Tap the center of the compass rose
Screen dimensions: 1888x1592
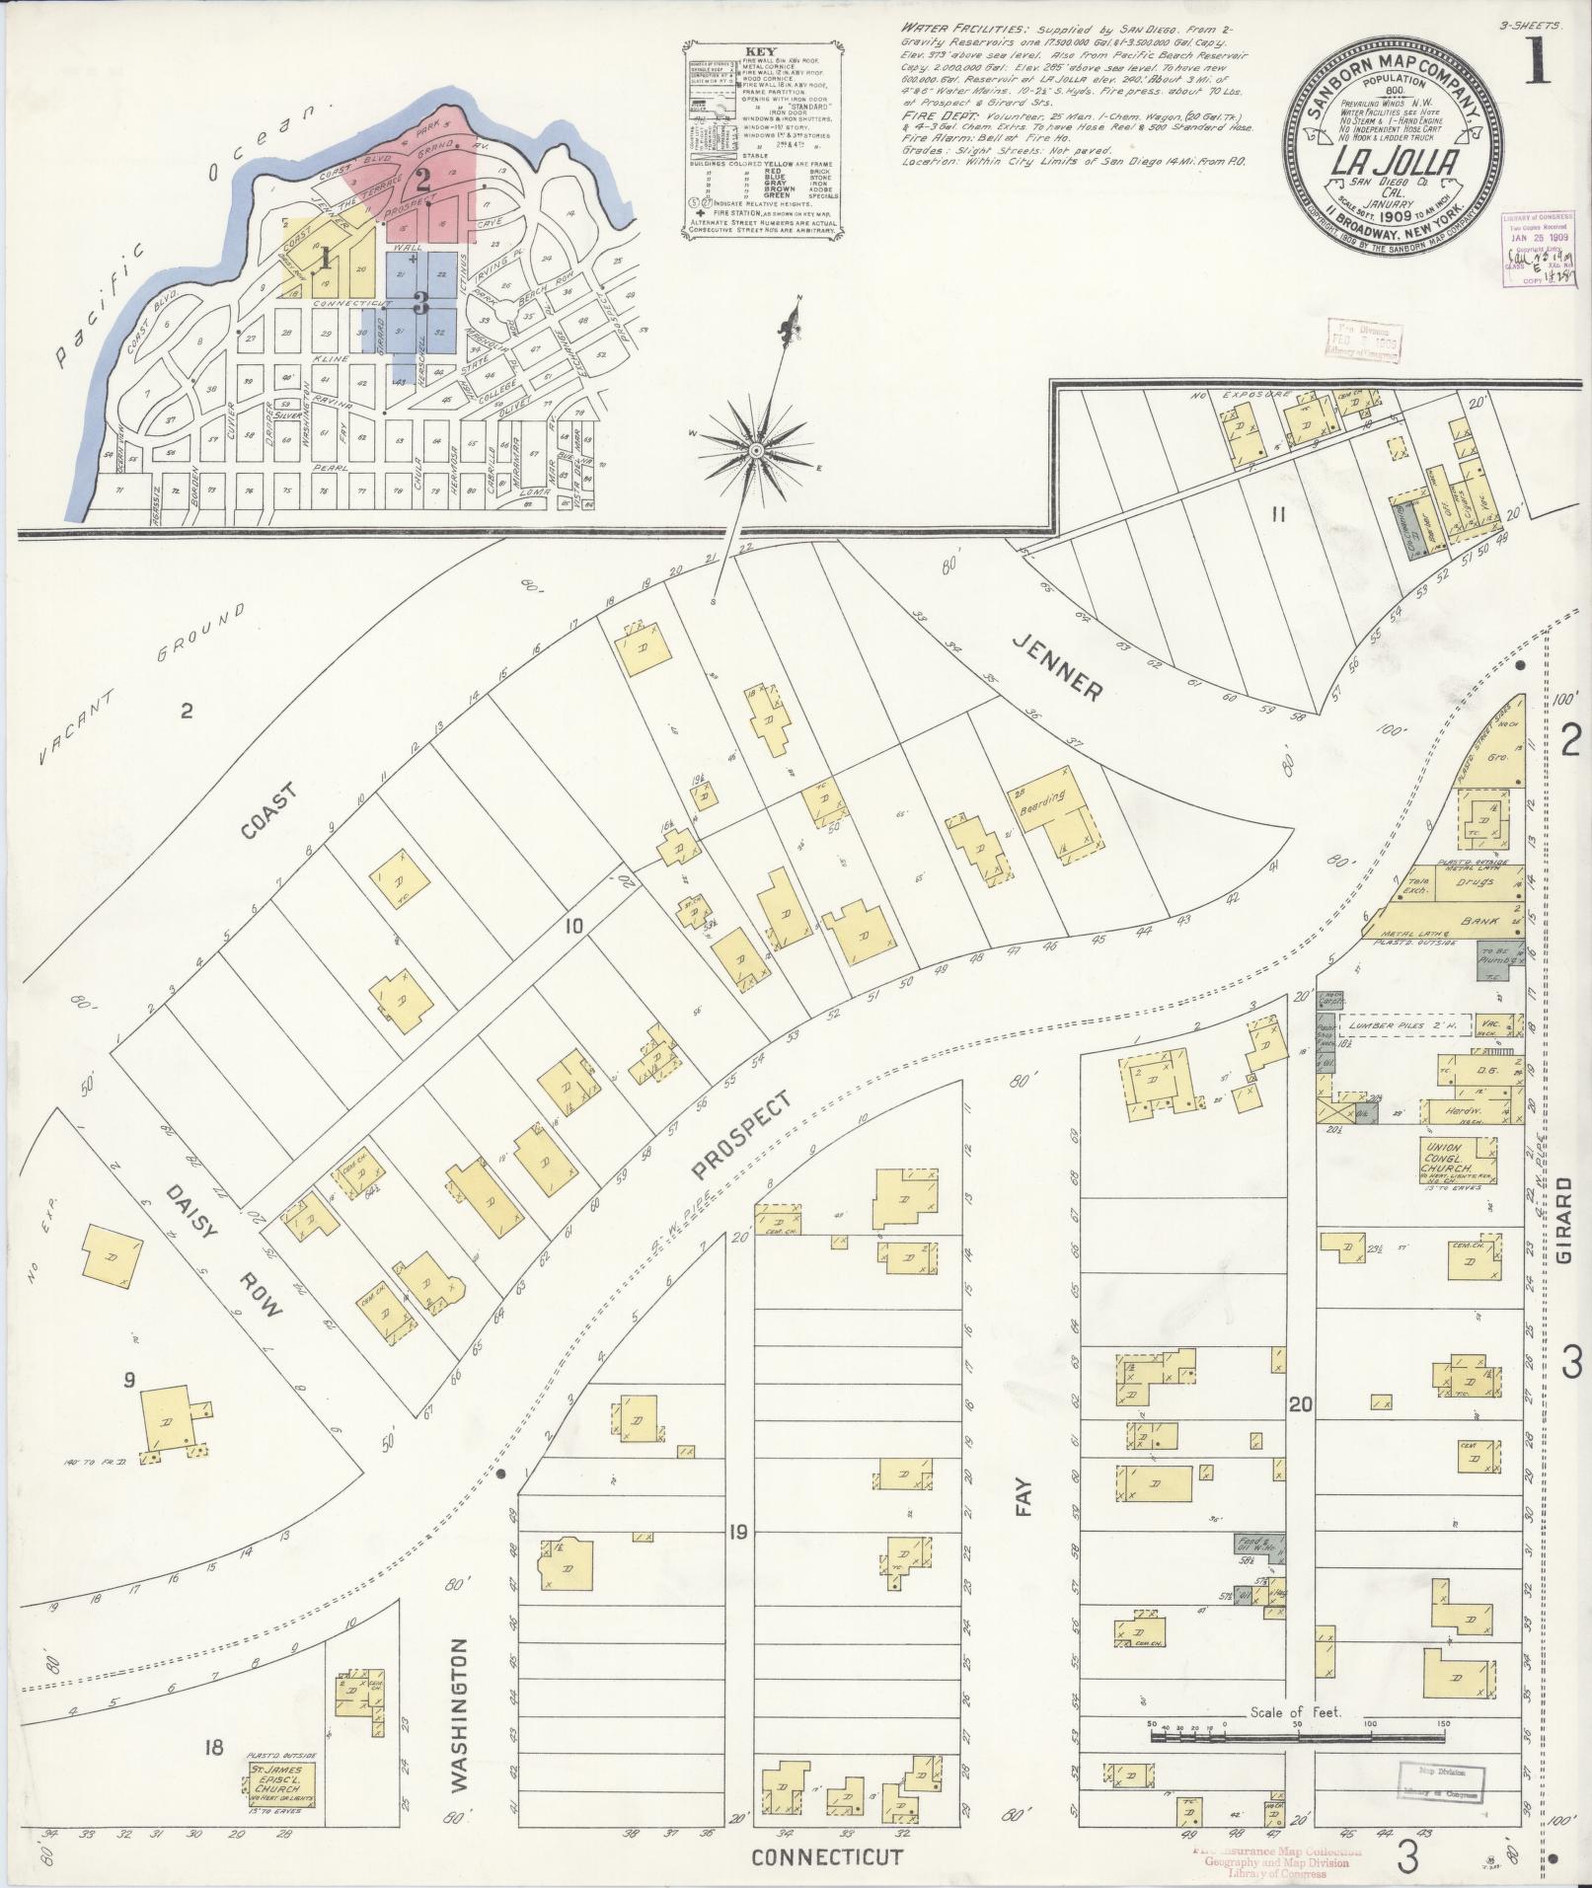click(756, 451)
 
